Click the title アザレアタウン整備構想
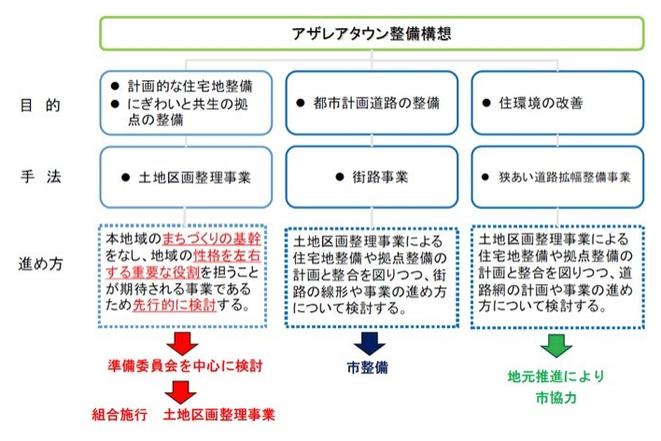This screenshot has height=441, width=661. pyautogui.click(x=372, y=34)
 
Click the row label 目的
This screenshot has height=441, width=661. pyautogui.click(x=39, y=105)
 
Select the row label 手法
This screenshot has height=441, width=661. pyautogui.click(x=39, y=175)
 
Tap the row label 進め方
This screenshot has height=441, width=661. pyautogui.click(x=39, y=263)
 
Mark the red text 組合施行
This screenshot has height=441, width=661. pyautogui.click(x=120, y=412)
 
